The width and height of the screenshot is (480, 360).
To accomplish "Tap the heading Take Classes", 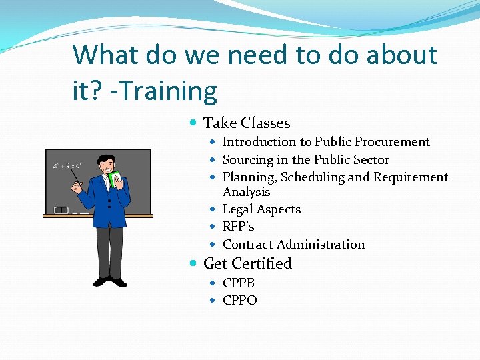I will coord(247,123).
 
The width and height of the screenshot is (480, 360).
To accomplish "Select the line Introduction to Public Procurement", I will coord(326,142).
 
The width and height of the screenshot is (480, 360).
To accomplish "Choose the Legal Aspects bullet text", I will coord(261,209).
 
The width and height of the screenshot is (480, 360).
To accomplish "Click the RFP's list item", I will coord(238,227).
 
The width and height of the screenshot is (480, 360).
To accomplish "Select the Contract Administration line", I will coord(293,245).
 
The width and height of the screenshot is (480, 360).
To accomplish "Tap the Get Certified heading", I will coord(247,264).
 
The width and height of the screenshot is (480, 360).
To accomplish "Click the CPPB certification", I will coord(239,283).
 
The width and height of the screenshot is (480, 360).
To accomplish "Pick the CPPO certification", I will coord(239,301).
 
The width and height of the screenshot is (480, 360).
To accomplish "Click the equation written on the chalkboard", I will coord(67,165).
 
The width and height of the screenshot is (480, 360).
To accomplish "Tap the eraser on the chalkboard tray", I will coord(61,210).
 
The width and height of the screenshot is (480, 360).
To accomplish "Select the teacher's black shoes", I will coord(110,281).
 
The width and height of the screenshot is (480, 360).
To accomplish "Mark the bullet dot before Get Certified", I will coord(193,264).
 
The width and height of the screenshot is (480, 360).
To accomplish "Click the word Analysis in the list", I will coord(246,192).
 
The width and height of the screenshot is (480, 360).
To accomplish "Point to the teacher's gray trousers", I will coord(110,250).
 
